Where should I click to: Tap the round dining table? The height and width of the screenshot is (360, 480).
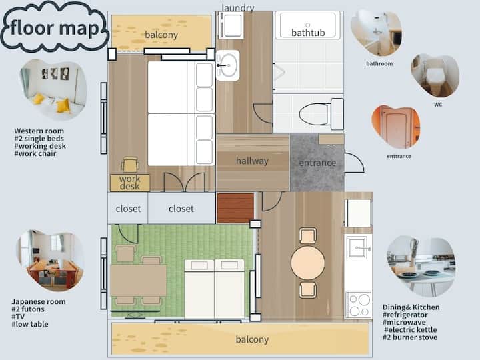click(307, 263)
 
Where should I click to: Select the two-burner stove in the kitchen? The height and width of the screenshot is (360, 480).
click(359, 305)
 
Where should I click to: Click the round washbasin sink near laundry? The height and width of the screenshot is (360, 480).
click(228, 65)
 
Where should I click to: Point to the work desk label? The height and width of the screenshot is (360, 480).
click(130, 183)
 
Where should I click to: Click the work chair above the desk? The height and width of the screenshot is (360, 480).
click(131, 165)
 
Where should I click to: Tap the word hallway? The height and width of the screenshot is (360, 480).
click(252, 161)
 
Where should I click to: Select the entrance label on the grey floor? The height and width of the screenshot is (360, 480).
click(317, 163)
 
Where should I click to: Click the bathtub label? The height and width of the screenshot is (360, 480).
click(308, 33)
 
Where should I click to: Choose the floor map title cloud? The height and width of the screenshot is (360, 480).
click(55, 27)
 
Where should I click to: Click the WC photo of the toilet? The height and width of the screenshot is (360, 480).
click(435, 75)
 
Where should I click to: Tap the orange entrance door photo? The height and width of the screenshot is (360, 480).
click(396, 127)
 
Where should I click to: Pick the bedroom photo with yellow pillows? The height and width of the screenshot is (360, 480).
click(53, 89)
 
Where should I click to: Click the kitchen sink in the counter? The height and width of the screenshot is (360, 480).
click(357, 247)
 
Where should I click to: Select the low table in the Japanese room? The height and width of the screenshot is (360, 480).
click(139, 281)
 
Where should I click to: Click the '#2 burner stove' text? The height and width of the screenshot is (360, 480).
click(410, 337)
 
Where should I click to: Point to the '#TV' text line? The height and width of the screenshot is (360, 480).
click(18, 317)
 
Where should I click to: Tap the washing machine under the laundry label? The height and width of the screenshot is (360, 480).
click(231, 25)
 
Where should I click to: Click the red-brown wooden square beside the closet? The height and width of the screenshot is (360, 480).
click(235, 208)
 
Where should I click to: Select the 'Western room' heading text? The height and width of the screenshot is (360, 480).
click(39, 131)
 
